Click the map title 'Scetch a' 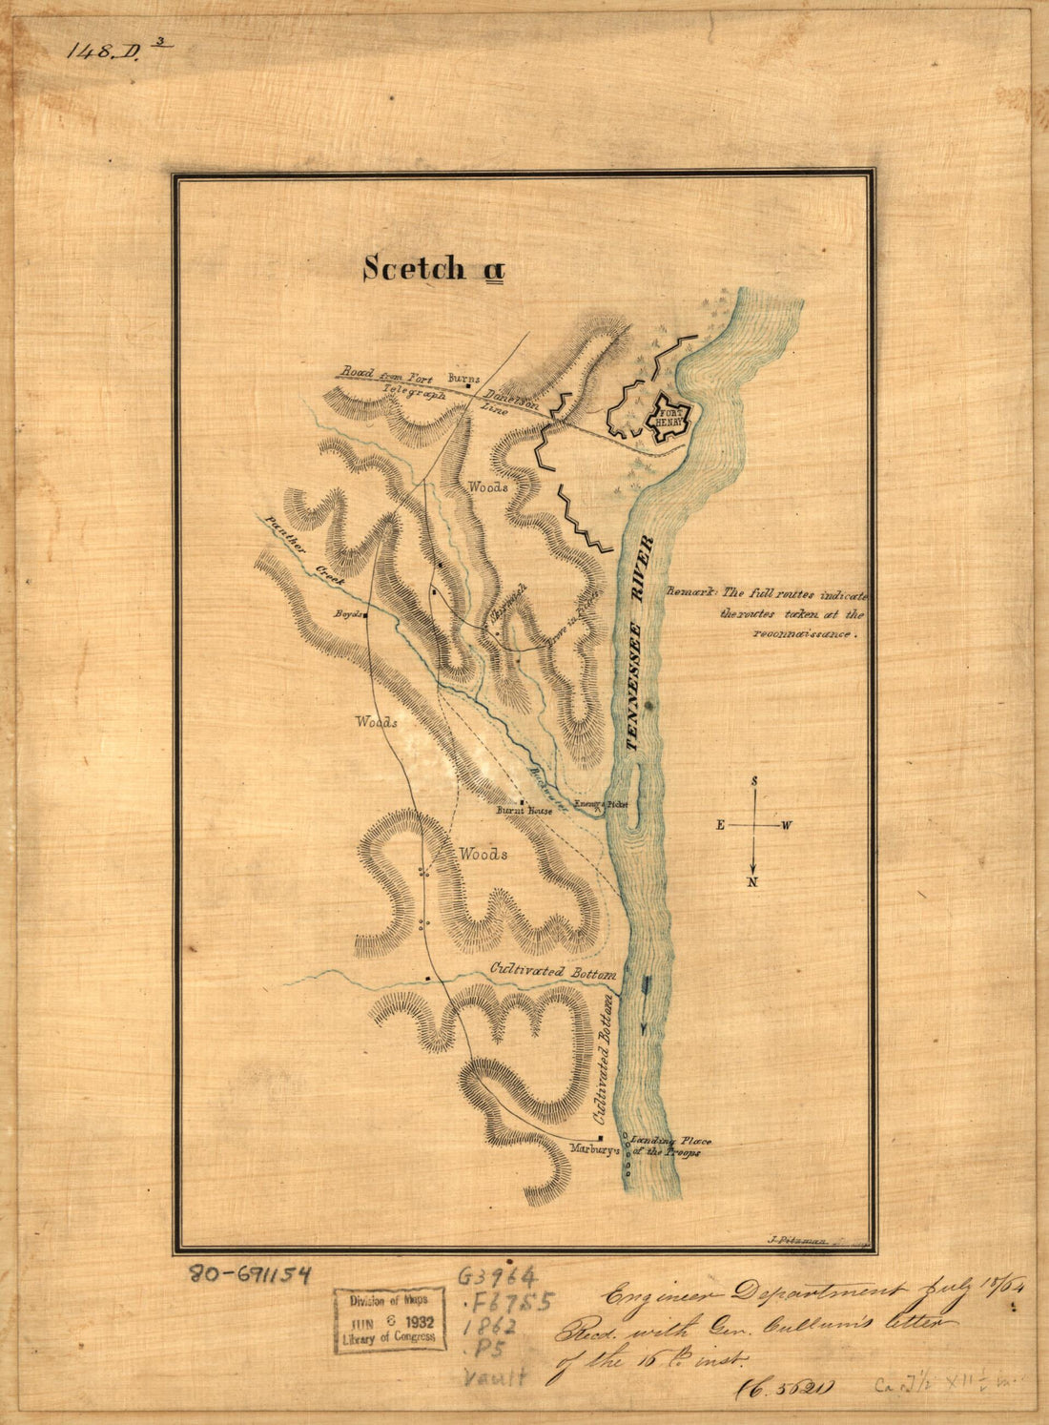[432, 269]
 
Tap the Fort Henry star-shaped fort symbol [668, 417]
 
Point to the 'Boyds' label [345, 615]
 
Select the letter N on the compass [752, 881]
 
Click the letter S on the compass [753, 781]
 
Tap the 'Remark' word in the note [689, 592]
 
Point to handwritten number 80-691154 [251, 1273]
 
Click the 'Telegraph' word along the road [415, 392]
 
